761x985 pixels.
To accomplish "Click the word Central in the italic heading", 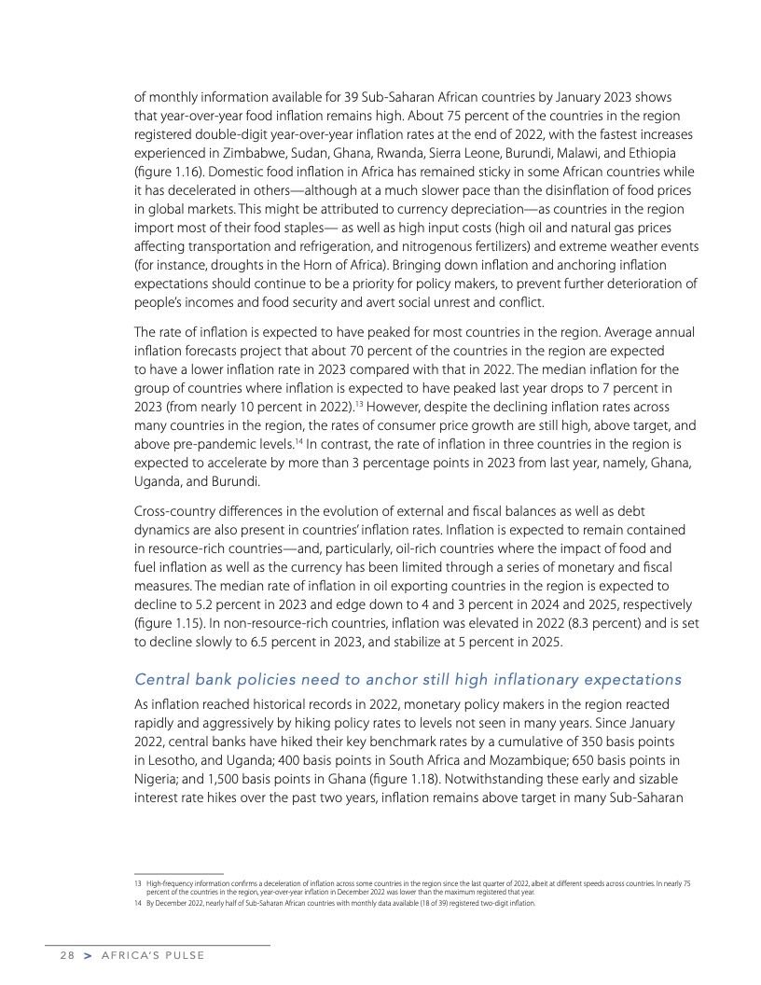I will (x=160, y=678).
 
